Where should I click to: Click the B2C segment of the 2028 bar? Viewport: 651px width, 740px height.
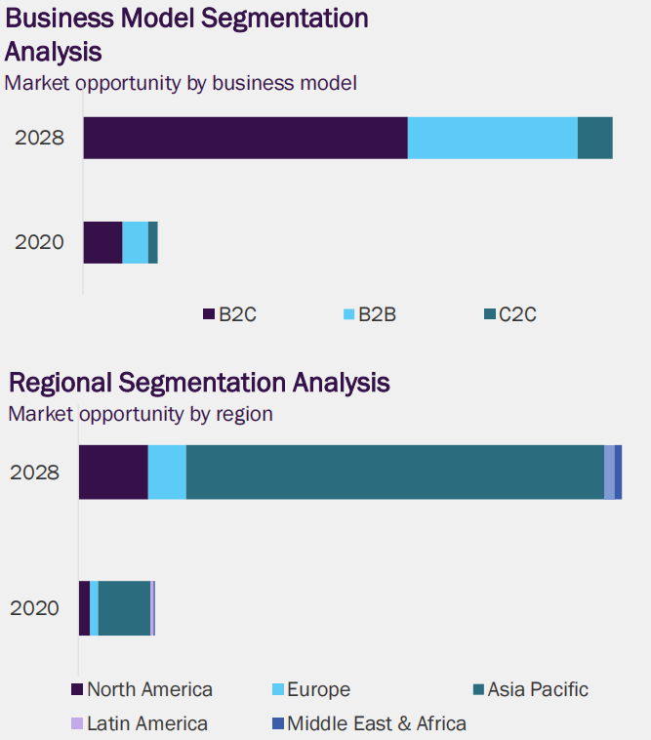245,138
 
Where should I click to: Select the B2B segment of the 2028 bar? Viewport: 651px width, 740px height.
492,138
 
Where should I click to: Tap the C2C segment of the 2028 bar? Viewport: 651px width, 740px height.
595,138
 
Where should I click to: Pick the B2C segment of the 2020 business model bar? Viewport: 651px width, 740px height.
102,242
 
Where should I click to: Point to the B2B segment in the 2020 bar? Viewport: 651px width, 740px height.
135,242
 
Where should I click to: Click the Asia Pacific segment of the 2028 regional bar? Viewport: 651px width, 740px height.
394,473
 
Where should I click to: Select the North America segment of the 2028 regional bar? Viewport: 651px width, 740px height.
113,473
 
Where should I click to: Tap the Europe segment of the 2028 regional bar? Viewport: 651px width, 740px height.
167,473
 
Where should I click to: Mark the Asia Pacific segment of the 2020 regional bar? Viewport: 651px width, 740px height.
124,608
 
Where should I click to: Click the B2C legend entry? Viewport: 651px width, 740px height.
230,314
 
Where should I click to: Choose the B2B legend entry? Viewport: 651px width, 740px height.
370,314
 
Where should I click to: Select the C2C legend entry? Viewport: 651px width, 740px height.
510,314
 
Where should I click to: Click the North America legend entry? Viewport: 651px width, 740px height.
142,690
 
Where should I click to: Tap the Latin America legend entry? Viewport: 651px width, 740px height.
141,723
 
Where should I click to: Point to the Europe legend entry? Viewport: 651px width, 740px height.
310,690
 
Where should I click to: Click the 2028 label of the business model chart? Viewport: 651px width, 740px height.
39,138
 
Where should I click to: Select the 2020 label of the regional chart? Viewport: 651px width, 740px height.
34,608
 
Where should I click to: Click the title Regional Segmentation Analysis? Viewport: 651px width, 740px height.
199,382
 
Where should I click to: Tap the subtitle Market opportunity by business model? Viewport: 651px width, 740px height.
181,83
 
